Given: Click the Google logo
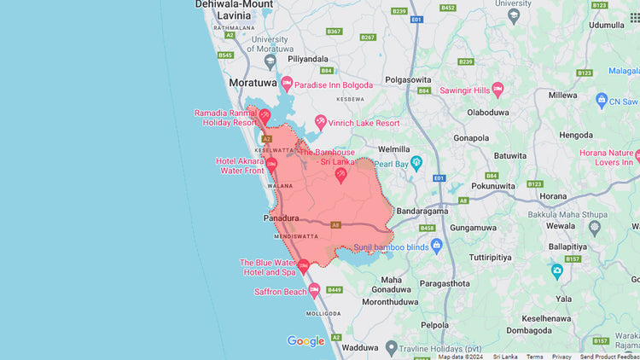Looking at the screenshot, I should pos(305,341).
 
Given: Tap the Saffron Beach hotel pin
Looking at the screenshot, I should pos(315,291).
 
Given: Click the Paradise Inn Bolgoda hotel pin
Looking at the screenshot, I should pos(287,83).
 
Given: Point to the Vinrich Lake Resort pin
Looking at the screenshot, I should pos(321,122).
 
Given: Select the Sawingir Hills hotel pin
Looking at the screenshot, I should pos(498,90).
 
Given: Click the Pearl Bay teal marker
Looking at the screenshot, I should pos(416,162).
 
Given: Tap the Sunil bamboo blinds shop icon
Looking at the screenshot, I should pos(437,246).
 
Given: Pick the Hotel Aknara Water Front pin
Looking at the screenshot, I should pos(271,164).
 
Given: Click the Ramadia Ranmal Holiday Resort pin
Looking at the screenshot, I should pos(265,115).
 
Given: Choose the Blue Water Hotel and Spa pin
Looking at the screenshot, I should pos(303,266).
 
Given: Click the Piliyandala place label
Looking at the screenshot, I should pos(309,59).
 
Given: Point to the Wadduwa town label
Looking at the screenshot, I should pos(358,347).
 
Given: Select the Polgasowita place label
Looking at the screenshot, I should pos(408,78).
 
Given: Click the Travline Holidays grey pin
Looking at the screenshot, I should pos(392,347).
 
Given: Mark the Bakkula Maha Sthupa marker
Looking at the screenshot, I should pos(595,227).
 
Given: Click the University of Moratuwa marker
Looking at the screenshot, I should pos(270,61).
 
